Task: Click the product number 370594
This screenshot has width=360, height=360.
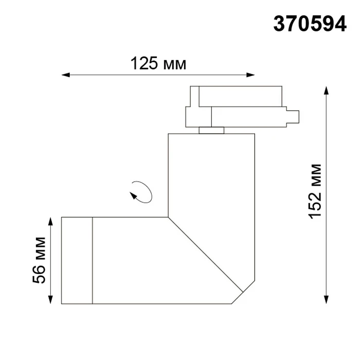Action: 310,24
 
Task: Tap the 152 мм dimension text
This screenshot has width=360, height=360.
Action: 315,191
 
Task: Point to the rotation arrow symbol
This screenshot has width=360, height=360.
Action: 141,192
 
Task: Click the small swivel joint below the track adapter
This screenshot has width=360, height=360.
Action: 211,130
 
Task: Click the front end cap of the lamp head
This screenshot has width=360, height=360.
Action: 77,260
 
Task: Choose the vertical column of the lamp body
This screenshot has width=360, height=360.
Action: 211,175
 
